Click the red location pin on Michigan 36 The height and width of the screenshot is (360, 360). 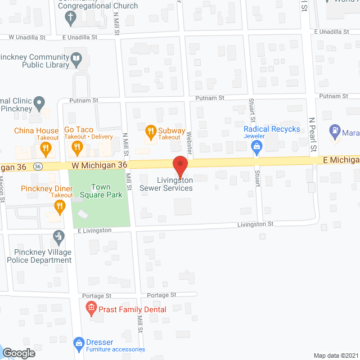tap(179, 166)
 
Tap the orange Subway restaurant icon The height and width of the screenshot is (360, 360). tap(150, 133)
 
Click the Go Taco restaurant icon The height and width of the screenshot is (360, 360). tap(78, 148)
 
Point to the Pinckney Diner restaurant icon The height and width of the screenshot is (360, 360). tap(59, 206)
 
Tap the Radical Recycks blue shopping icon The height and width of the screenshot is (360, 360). tap(257, 147)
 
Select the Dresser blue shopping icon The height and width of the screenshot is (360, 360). tap(79, 342)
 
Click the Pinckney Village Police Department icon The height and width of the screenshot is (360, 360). tap(57, 236)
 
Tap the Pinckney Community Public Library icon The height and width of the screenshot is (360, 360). tap(76, 57)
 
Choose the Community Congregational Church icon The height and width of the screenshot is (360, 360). tap(70, 17)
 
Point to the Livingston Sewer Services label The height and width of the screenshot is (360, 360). tap(166, 184)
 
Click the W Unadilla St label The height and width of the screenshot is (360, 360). tap(30, 38)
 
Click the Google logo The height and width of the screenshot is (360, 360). tap(18, 353)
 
